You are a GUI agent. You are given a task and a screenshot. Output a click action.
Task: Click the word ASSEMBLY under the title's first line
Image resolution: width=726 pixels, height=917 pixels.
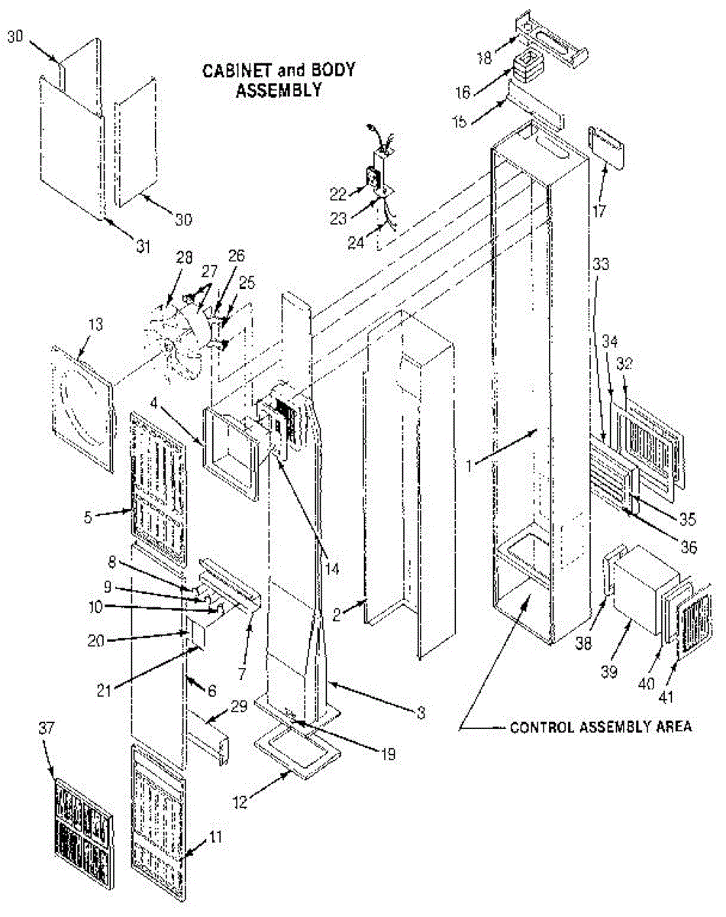click(x=276, y=91)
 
